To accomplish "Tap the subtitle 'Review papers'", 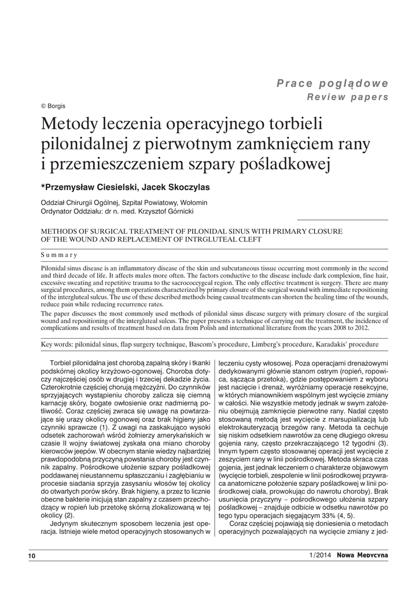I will [347, 97].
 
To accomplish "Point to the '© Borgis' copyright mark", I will [53, 106].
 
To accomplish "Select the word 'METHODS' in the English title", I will [59, 231].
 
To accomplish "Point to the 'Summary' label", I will [59, 255].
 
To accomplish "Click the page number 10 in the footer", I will [32, 556].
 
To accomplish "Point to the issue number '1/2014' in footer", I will [320, 555].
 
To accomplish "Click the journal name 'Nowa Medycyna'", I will [363, 555].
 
